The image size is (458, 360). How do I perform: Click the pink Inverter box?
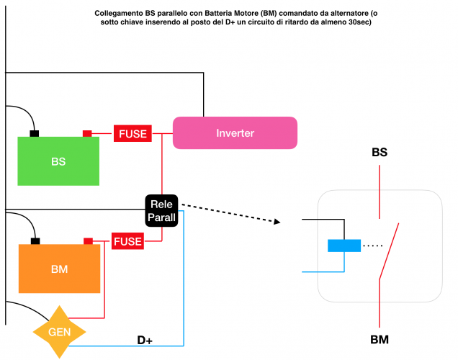pyautogui.click(x=235, y=133)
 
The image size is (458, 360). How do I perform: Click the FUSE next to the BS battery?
pyautogui.click(x=133, y=133)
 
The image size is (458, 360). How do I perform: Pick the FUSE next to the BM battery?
pyautogui.click(x=127, y=241)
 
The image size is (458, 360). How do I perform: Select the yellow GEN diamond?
pyautogui.click(x=59, y=332)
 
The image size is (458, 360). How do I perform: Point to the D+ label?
pyautogui.click(x=145, y=340)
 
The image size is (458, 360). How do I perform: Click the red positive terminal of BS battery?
pyautogui.click(x=87, y=133)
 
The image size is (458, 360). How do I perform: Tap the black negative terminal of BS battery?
pyautogui.click(x=34, y=133)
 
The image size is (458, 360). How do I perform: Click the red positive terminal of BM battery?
pyautogui.click(x=88, y=241)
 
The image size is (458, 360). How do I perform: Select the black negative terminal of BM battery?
pyautogui.click(x=35, y=241)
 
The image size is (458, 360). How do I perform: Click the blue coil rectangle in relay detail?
pyautogui.click(x=343, y=246)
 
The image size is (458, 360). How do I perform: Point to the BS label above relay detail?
pyautogui.click(x=380, y=153)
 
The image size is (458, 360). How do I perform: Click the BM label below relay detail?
pyautogui.click(x=380, y=338)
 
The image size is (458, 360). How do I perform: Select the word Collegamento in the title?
pyautogui.click(x=120, y=14)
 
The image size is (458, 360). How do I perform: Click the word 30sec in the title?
pyautogui.click(x=352, y=23)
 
